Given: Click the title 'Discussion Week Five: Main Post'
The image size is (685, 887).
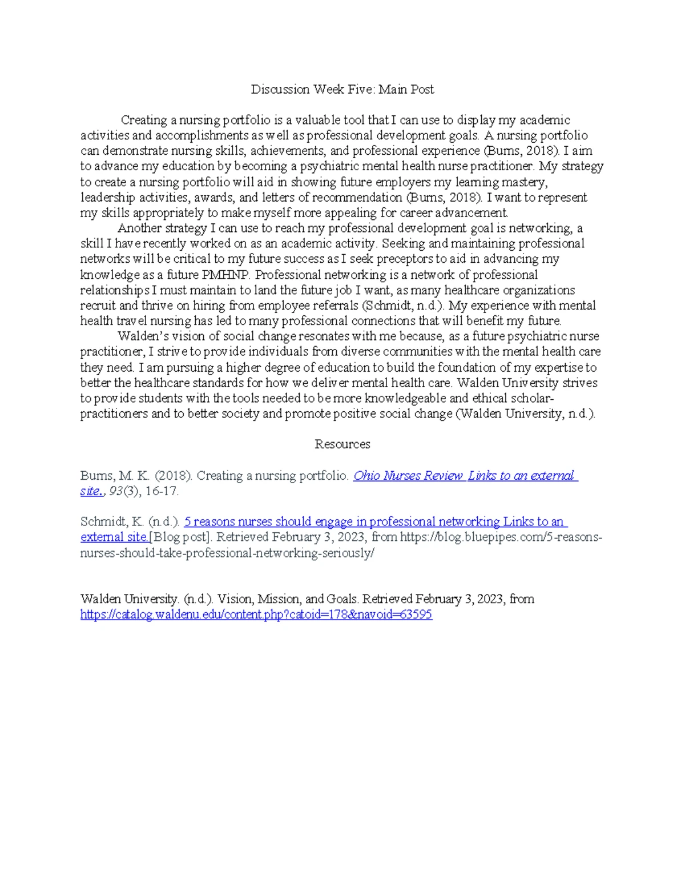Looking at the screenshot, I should click(x=342, y=90).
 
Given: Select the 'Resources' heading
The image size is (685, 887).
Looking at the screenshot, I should click(x=342, y=444).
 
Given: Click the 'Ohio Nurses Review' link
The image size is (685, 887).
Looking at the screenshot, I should click(x=408, y=476).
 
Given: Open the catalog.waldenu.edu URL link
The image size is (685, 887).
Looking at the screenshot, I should click(x=256, y=615).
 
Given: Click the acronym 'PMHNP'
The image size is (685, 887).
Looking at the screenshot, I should click(x=225, y=275).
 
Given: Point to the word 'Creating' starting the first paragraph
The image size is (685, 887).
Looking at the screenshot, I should click(x=144, y=121).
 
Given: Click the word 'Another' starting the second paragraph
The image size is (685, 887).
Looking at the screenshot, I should click(x=139, y=228).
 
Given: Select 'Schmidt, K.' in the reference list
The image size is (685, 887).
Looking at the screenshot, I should click(x=112, y=521).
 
